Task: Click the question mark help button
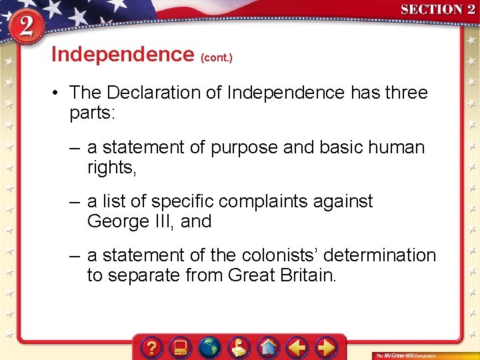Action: click(152, 347)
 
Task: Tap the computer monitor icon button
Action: click(180, 347)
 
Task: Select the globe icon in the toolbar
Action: click(210, 347)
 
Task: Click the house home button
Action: click(269, 347)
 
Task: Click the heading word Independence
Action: click(122, 54)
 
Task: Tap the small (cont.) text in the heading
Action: click(217, 57)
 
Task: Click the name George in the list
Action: click(119, 221)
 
